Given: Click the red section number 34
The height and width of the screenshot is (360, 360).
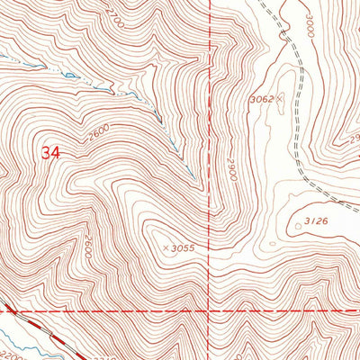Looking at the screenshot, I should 50,153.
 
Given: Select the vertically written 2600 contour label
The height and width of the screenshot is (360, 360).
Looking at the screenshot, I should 90,247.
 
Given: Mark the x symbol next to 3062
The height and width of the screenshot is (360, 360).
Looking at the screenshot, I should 280,95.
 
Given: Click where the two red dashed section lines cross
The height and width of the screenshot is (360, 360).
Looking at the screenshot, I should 210,310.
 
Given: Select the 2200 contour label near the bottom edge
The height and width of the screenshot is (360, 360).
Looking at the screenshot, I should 9,345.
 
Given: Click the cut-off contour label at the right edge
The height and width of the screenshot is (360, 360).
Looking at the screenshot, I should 355,137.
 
